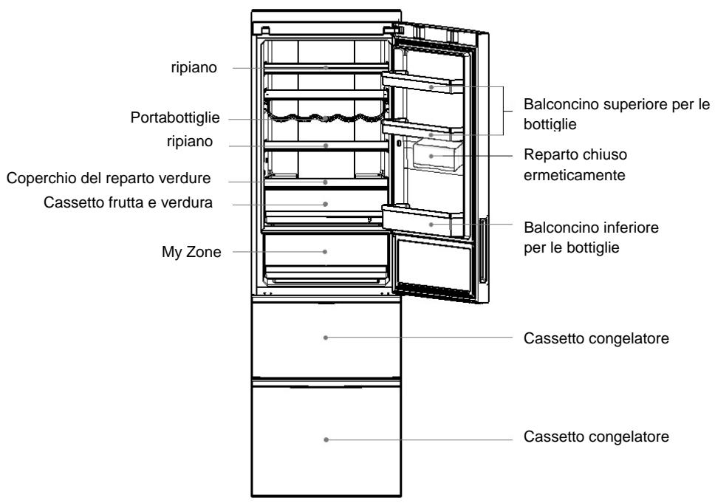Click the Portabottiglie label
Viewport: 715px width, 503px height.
pyautogui.click(x=175, y=117)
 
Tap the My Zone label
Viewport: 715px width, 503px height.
pyautogui.click(x=191, y=252)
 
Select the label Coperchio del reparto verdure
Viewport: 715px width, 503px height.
pyautogui.click(x=109, y=178)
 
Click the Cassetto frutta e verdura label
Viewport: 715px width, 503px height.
pyautogui.click(x=128, y=202)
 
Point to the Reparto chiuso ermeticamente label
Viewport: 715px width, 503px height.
pyautogui.click(x=575, y=165)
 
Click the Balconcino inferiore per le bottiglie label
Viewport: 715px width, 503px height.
pyautogui.click(x=591, y=237)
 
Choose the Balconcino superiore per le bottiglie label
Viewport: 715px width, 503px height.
pyautogui.click(x=617, y=114)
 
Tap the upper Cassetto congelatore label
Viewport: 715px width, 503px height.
pyautogui.click(x=596, y=338)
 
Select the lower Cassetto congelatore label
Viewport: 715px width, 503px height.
pyautogui.click(x=596, y=437)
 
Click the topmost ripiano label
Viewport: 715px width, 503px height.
pyautogui.click(x=194, y=67)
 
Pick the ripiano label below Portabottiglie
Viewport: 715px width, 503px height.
pyautogui.click(x=190, y=141)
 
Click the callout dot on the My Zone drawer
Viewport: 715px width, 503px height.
pyautogui.click(x=325, y=251)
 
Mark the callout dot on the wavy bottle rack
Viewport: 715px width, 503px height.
pyautogui.click(x=325, y=119)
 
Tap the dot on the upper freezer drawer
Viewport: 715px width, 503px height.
pyautogui.click(x=326, y=338)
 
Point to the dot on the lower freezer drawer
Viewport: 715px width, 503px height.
pyautogui.click(x=326, y=439)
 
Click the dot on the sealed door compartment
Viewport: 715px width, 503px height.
pyautogui.click(x=431, y=156)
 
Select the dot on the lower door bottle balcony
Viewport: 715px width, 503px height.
pyautogui.click(x=431, y=225)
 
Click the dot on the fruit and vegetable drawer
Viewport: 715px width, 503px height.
pyautogui.click(x=325, y=204)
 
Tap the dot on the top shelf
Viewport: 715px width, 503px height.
pyautogui.click(x=326, y=67)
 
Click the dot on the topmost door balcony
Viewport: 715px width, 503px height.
pyautogui.click(x=431, y=86)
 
